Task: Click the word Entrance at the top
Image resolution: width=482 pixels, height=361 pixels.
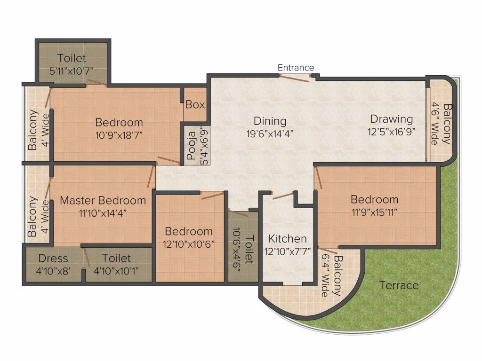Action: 296,68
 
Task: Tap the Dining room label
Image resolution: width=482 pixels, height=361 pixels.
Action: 270,121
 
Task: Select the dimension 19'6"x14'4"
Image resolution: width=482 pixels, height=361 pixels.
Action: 270,133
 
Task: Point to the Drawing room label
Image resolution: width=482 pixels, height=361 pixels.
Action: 391,119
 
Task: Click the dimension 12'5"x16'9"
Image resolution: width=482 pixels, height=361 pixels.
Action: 391,131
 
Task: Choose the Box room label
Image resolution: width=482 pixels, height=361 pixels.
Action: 195,104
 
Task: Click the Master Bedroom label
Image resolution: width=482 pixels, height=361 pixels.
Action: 103,200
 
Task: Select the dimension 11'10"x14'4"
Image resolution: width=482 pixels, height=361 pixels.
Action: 103,212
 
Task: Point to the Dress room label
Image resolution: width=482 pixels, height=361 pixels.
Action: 53,258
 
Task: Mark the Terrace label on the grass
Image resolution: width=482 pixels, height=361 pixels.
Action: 399,285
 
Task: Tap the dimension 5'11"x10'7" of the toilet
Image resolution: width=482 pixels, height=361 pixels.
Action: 72,71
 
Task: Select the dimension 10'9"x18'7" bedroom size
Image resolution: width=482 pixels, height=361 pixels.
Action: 119,134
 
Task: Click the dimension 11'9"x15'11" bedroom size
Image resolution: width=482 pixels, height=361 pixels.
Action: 374,212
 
